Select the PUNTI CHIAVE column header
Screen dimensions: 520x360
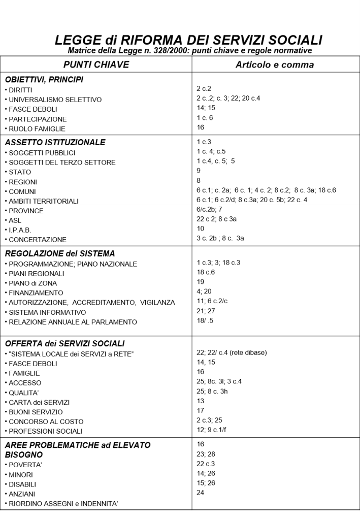[x=96, y=65]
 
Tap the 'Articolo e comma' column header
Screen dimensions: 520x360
[x=275, y=65]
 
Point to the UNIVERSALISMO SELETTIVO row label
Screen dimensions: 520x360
[x=54, y=100]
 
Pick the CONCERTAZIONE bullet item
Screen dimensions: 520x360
[x=37, y=239]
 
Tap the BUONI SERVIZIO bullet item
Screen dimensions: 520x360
[x=35, y=412]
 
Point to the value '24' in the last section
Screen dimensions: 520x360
[x=200, y=492]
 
